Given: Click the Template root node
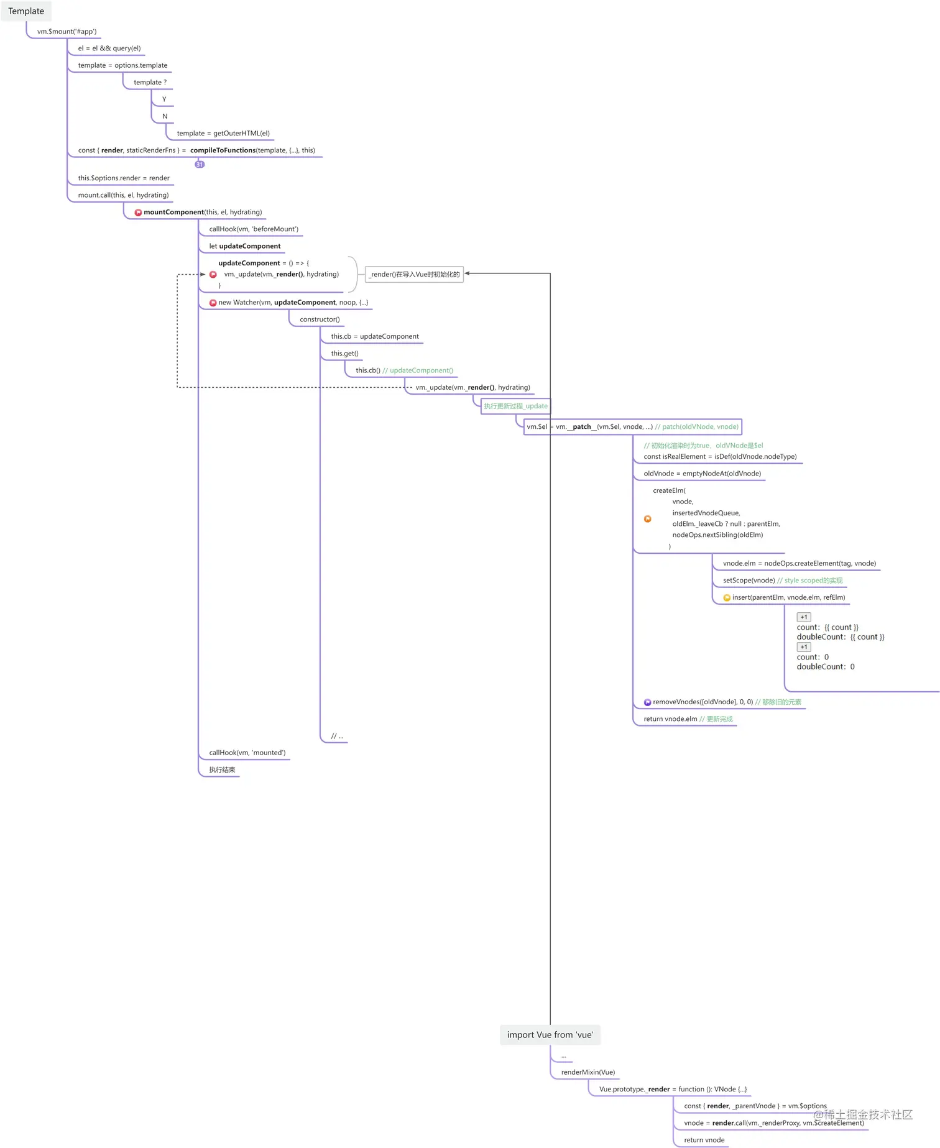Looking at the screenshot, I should tap(26, 11).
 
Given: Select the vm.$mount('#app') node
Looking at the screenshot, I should tap(67, 32).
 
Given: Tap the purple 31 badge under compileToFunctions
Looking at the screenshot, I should tap(200, 165).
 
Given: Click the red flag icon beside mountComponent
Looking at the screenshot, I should tap(138, 213).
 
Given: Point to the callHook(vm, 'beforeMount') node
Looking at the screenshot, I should tap(254, 229).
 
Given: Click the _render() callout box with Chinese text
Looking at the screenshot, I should tap(414, 274).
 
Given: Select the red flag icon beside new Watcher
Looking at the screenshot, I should tap(213, 303).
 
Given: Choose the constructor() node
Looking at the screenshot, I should tap(320, 319).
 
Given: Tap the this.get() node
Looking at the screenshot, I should tap(344, 354).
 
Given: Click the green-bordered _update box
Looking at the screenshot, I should tap(515, 406).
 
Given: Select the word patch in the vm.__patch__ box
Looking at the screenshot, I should tap(582, 427).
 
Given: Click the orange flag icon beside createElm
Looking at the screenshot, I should tap(647, 519).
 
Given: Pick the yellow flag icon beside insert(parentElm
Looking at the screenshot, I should tap(727, 598).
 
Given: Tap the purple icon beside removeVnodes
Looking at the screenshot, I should tap(647, 702).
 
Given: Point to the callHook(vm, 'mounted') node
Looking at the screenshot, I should tap(247, 753).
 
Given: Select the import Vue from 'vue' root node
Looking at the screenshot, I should tap(550, 1035).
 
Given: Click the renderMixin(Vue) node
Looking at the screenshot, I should tap(587, 1072).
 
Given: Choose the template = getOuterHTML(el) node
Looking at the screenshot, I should tap(223, 134).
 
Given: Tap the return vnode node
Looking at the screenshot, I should tap(704, 1140).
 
